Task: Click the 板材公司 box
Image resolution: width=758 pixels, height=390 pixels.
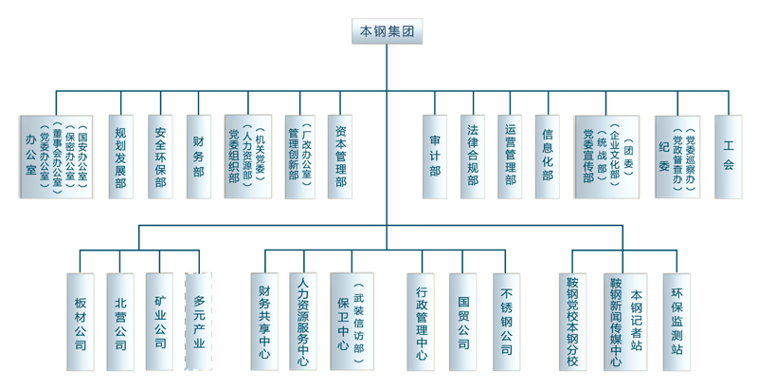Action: [81, 322]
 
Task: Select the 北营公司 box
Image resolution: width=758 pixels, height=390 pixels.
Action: [120, 322]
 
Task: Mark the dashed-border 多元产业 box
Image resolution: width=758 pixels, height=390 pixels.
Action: [198, 322]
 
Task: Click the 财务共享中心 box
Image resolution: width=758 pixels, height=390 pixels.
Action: [264, 322]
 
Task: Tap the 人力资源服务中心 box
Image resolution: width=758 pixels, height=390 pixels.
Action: [303, 322]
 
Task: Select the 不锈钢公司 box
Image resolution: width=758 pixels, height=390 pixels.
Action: [506, 322]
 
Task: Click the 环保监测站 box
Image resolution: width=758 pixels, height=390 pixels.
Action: [677, 322]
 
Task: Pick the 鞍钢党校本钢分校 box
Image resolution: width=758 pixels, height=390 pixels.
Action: [572, 322]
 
